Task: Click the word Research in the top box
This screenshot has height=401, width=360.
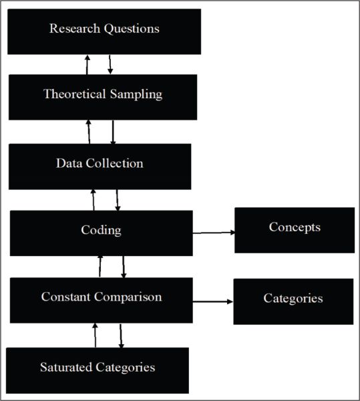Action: [75, 28]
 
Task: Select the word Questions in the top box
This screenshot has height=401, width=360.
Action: [132, 29]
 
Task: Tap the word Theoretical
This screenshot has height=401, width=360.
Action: [75, 94]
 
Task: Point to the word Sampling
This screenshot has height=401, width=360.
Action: [136, 95]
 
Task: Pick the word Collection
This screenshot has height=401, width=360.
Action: [114, 163]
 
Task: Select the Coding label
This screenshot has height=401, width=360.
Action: [101, 230]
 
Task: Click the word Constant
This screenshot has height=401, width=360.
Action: [65, 297]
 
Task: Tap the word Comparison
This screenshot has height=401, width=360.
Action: [128, 297]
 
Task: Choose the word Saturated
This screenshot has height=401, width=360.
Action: [66, 367]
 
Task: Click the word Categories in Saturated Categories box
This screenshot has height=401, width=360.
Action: [126, 368]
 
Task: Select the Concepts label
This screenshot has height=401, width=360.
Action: [295, 227]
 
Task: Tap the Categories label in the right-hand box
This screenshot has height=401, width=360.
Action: [293, 299]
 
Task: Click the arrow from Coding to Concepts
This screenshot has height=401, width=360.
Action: [214, 233]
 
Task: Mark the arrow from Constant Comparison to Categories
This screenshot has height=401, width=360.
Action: [213, 301]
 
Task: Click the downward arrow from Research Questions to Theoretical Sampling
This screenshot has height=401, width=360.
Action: [110, 64]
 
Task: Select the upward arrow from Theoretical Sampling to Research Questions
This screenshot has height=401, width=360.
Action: [87, 64]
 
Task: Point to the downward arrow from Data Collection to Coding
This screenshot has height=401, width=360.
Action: [118, 200]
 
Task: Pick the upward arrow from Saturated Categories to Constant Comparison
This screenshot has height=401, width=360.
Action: [95, 335]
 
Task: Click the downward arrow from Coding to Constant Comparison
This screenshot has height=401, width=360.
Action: [124, 267]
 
